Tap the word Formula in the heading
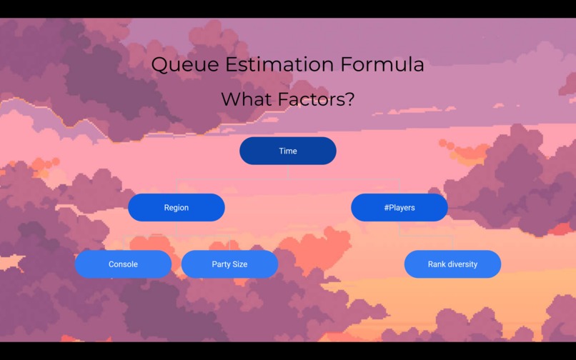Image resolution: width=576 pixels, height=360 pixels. click(x=382, y=65)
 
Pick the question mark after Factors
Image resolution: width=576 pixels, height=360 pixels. click(x=349, y=99)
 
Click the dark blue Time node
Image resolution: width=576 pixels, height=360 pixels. click(x=288, y=151)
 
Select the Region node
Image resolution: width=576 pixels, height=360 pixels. click(x=177, y=207)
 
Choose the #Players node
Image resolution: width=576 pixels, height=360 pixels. click(x=399, y=207)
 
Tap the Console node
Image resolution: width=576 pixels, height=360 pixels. click(x=123, y=264)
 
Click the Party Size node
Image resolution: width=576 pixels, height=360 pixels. click(x=229, y=264)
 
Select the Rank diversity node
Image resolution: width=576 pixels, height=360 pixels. click(x=452, y=264)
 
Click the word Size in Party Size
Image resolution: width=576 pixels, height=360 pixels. click(x=240, y=264)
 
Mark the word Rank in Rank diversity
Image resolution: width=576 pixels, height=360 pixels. click(x=437, y=264)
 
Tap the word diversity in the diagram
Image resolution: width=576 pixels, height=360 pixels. click(x=462, y=264)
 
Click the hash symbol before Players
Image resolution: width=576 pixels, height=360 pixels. click(x=387, y=208)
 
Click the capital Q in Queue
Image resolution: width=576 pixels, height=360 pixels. click(x=160, y=65)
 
